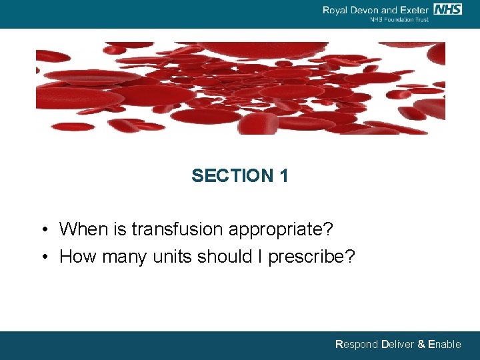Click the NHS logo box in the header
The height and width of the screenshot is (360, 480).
[447, 9]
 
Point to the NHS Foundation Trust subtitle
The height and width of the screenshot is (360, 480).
[399, 19]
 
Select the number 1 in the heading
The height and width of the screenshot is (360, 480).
[284, 176]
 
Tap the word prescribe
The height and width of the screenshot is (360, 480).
[312, 257]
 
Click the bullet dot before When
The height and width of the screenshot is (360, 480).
[43, 231]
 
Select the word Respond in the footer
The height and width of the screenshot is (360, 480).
[356, 345]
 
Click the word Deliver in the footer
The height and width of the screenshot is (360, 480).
[397, 345]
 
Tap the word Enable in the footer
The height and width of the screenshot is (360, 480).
[445, 345]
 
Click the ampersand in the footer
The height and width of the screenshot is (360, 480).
[421, 345]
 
